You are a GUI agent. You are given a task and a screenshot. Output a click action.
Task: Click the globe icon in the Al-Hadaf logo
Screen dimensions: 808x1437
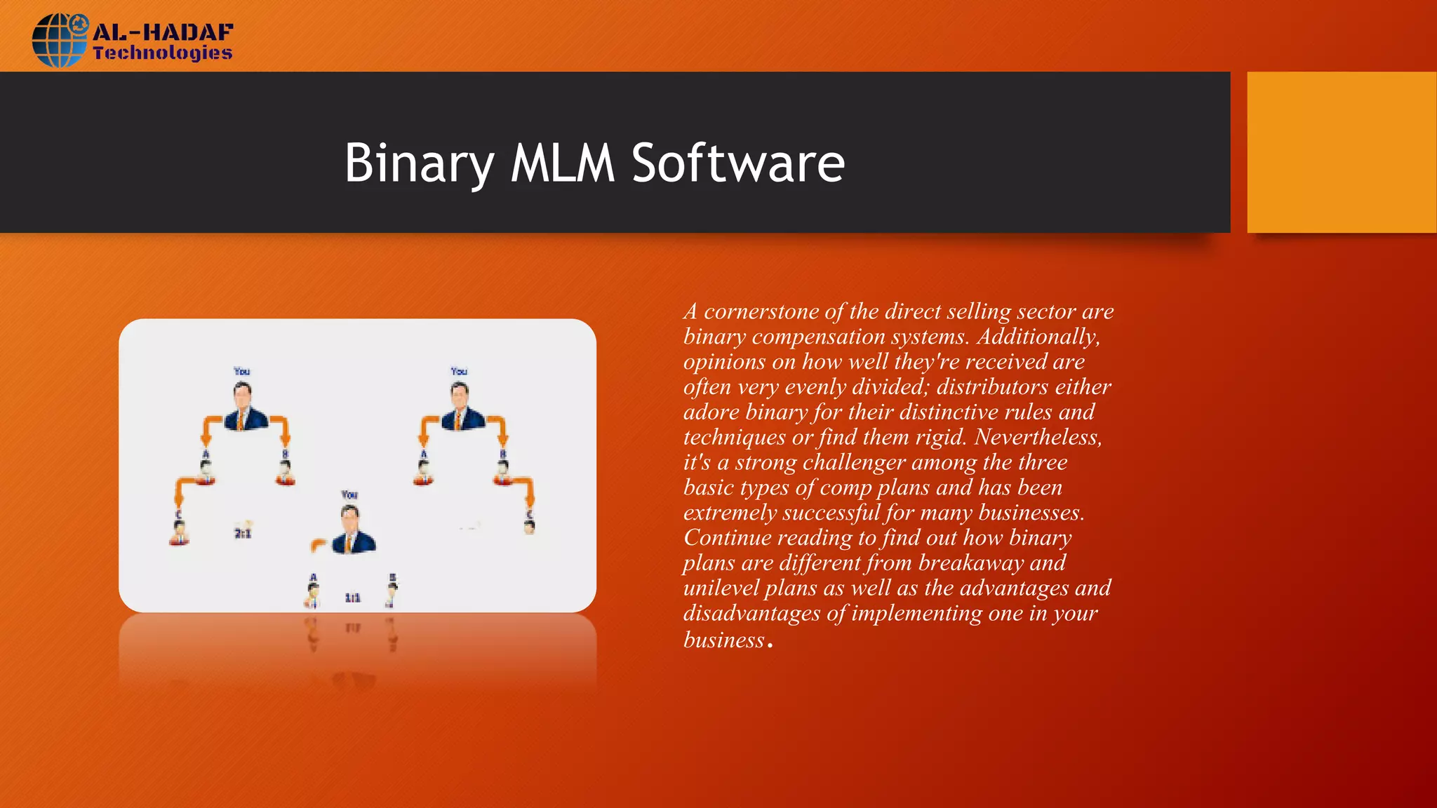(x=59, y=41)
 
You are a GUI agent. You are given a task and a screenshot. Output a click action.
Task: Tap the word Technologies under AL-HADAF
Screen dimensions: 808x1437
(x=162, y=53)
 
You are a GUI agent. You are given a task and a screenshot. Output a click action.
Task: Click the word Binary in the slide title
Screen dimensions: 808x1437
(x=419, y=163)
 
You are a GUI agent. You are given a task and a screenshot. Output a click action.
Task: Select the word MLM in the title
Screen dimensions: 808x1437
(x=562, y=163)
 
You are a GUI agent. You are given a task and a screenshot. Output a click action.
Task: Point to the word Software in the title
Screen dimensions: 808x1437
(x=738, y=163)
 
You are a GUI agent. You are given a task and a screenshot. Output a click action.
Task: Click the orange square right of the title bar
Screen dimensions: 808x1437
(x=1341, y=152)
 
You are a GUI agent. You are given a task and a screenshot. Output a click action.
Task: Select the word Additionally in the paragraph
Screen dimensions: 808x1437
(x=1037, y=337)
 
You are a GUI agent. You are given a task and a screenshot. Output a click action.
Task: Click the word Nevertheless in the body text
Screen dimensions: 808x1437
(x=1037, y=438)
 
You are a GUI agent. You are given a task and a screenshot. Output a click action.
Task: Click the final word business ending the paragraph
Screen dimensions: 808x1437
(x=723, y=640)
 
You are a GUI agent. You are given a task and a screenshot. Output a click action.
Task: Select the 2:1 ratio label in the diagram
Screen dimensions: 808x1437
(x=243, y=534)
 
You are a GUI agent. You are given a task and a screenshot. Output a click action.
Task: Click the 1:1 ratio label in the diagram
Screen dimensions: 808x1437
(x=352, y=598)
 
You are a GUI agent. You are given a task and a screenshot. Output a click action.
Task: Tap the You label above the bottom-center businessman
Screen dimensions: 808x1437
(x=349, y=495)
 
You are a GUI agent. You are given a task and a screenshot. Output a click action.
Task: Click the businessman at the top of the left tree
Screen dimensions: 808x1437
(x=244, y=407)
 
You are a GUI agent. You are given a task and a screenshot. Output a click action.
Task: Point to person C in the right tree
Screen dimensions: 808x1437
(x=530, y=523)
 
